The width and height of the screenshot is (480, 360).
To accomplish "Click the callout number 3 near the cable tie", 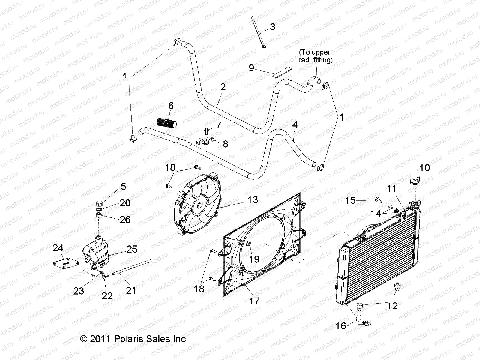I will pos(272,27).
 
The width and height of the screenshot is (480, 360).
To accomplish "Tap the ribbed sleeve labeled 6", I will pos(167,123).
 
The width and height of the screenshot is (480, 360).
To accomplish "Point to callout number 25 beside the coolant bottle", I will pos(132,249).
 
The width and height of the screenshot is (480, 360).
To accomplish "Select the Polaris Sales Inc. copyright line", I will pos(134,339).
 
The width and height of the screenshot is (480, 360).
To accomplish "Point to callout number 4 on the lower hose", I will pos(295,124).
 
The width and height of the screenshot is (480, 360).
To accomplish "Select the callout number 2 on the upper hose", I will pos(223,87).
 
